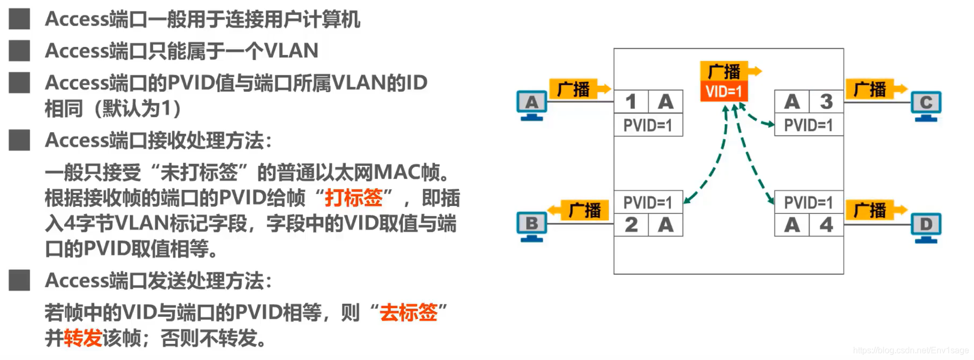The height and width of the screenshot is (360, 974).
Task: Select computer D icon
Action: [926, 226]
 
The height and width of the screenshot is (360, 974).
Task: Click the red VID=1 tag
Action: [724, 91]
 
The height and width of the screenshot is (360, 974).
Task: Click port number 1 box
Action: [631, 102]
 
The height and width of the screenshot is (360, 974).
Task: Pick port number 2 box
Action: [631, 225]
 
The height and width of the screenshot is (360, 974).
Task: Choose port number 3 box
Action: [826, 102]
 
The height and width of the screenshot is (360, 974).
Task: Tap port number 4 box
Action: [826, 225]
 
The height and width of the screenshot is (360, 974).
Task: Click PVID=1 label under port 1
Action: [648, 125]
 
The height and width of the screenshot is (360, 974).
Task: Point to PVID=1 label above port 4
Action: [809, 202]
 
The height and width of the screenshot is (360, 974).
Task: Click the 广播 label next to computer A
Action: [573, 89]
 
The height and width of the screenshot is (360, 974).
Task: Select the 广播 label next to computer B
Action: [584, 210]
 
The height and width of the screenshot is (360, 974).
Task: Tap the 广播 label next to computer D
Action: [870, 210]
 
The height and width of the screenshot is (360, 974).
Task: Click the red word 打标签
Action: [354, 198]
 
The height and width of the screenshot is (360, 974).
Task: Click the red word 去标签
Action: [408, 312]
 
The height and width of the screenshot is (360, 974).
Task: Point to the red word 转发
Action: [83, 338]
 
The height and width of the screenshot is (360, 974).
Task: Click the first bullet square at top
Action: [19, 19]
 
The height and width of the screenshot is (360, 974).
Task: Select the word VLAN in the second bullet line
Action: [291, 51]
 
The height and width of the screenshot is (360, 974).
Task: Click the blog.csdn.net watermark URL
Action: [910, 350]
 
